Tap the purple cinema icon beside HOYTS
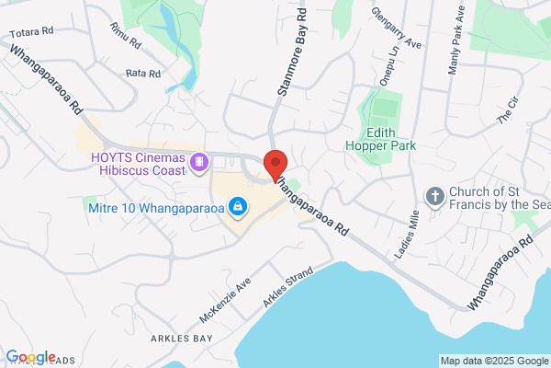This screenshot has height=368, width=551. coord(199,163)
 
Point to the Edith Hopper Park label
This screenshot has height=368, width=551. coord(380,138)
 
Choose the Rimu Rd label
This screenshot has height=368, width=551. coord(124,36)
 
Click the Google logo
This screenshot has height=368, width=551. coord(30,357)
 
